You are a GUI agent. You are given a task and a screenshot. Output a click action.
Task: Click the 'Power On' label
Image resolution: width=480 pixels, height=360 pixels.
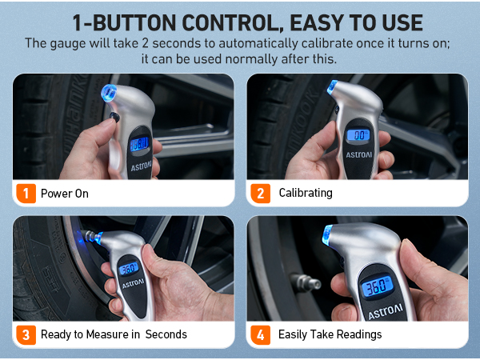[x=65, y=193]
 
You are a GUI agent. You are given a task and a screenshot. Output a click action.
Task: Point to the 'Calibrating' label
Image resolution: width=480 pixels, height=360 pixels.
[x=305, y=193]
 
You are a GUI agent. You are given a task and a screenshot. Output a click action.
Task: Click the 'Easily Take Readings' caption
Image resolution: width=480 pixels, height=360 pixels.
[x=330, y=334]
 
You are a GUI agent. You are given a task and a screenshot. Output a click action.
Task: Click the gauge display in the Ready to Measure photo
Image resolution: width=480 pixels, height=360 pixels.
[x=128, y=269]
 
